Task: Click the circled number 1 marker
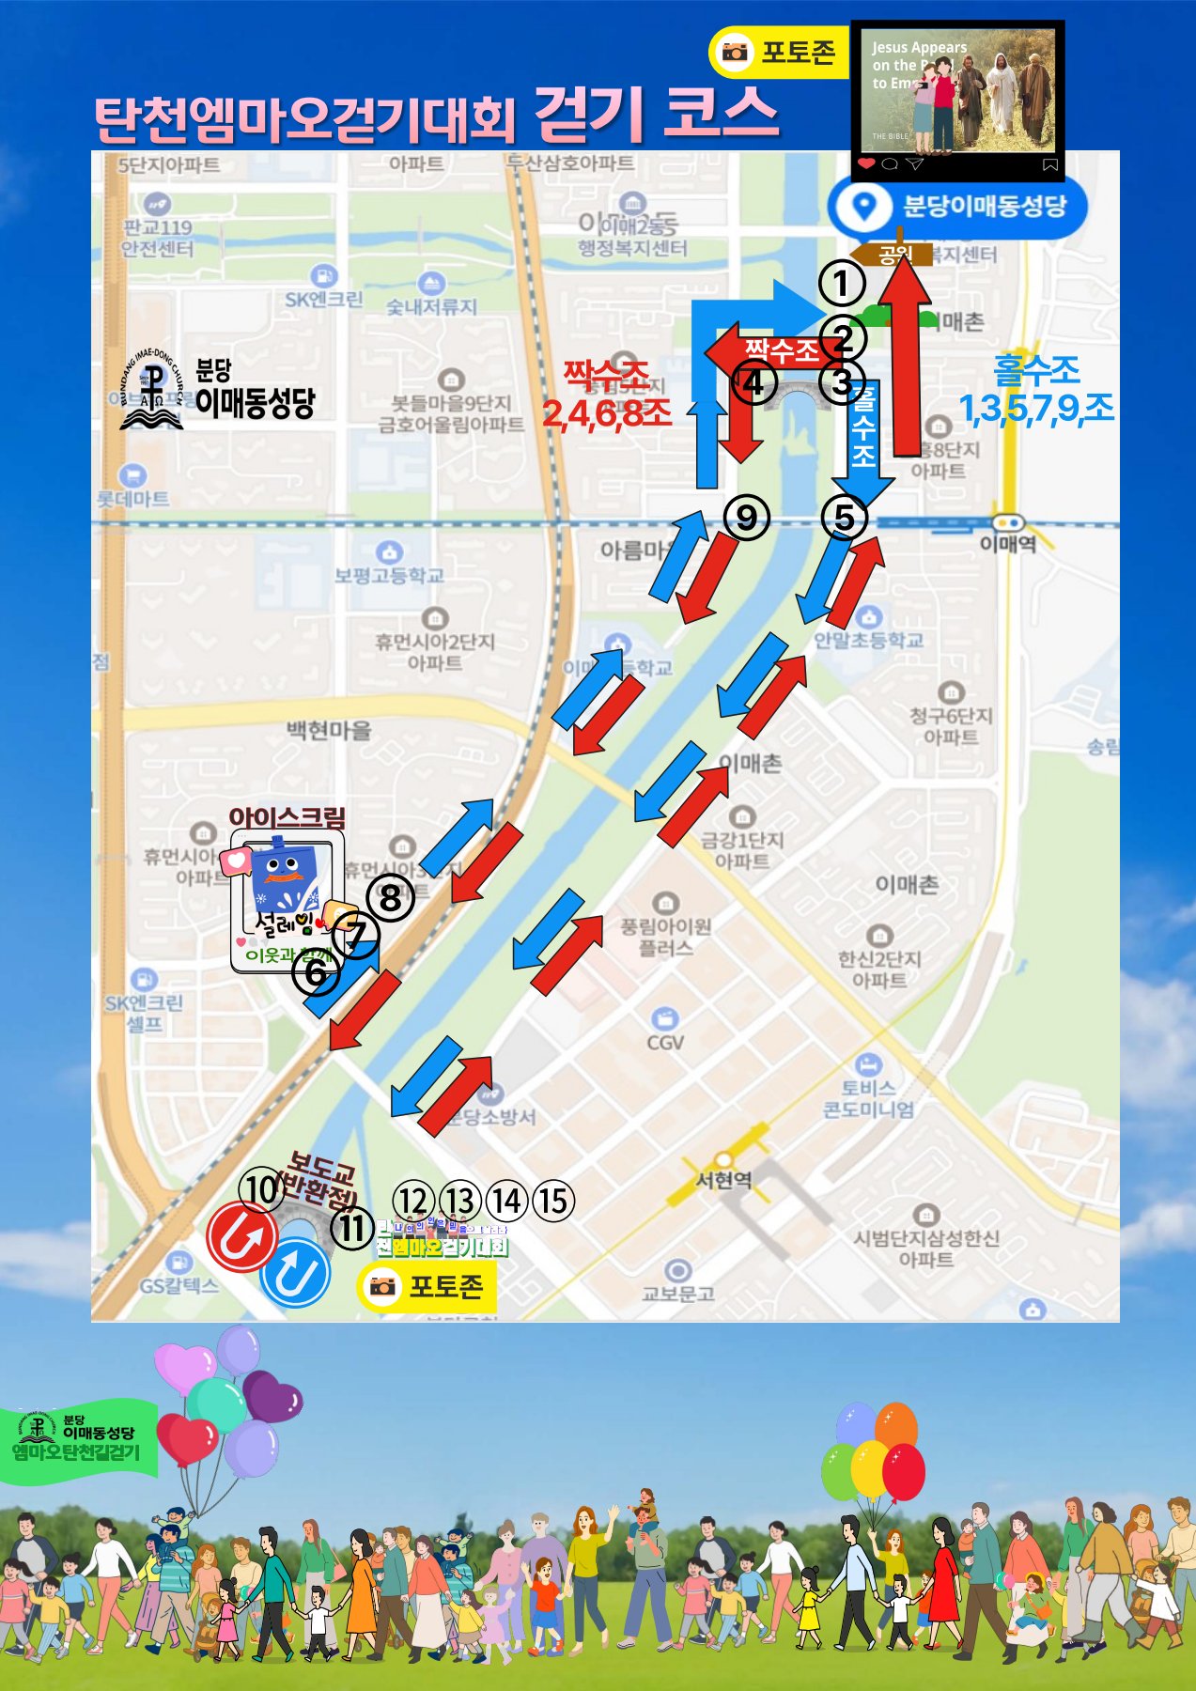tap(841, 283)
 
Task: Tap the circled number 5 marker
tap(844, 517)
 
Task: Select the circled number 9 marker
tap(747, 517)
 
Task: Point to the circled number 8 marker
tap(390, 898)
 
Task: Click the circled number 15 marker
tap(553, 1201)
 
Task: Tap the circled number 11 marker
tap(353, 1228)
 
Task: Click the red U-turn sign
tap(241, 1238)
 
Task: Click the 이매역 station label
tap(1007, 544)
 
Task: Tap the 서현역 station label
tap(723, 1180)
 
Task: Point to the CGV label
tap(665, 1043)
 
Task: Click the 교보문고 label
tap(677, 1294)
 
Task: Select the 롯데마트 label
tap(133, 498)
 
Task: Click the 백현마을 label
tap(329, 730)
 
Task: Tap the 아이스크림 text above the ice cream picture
tap(287, 816)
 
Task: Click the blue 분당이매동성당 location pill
tap(957, 207)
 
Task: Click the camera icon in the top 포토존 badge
tap(735, 52)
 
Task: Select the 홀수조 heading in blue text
tap(1036, 371)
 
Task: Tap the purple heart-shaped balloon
tap(272, 1396)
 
